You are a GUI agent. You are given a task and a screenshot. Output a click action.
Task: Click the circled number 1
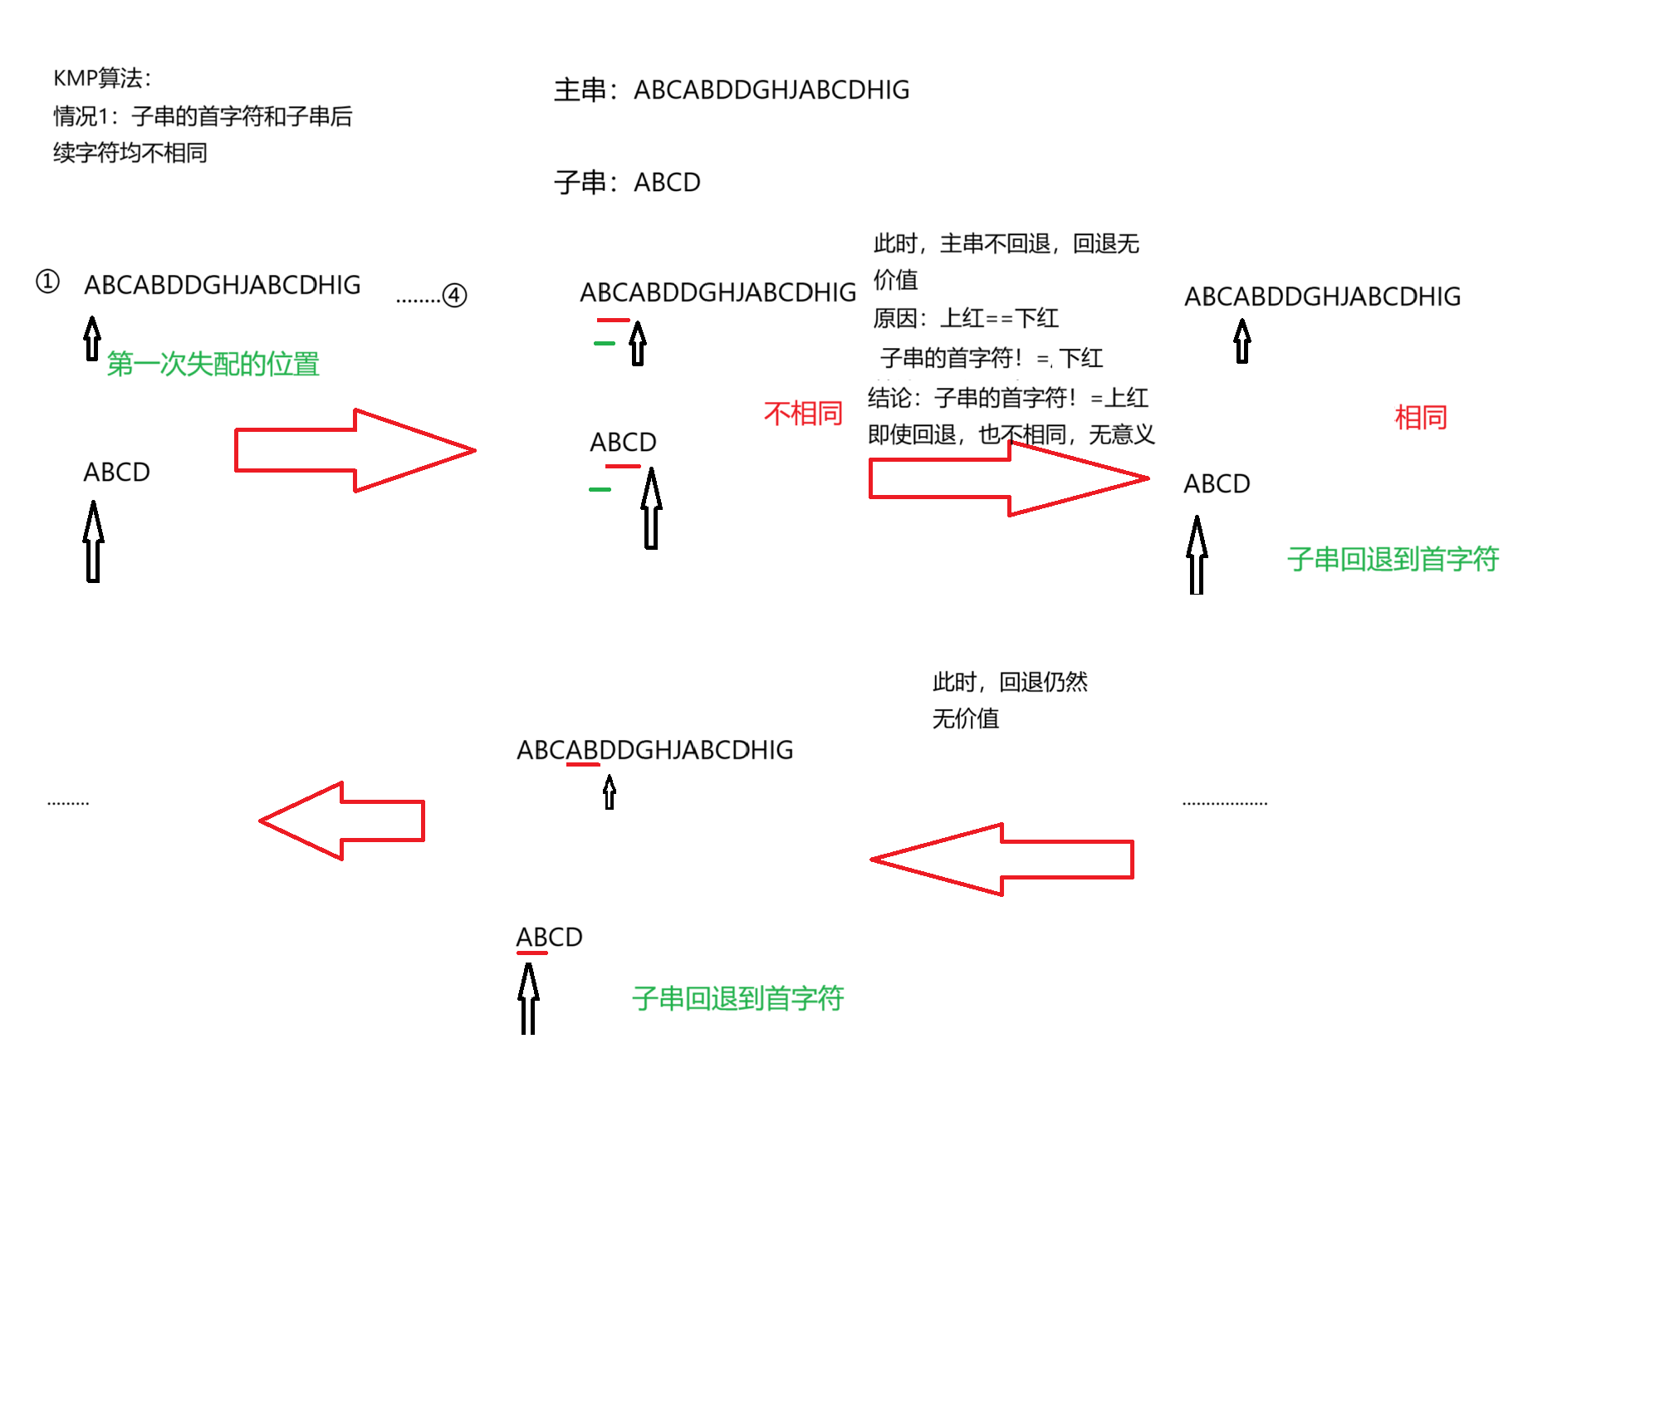tap(48, 282)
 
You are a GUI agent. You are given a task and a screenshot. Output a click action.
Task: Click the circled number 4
tap(454, 295)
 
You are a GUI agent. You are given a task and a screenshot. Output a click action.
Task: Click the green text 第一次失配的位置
tap(213, 364)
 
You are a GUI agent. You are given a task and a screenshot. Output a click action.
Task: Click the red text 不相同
tap(803, 414)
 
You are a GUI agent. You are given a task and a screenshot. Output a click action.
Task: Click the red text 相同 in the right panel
tap(1421, 417)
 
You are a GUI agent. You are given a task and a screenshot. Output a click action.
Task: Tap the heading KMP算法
tap(102, 78)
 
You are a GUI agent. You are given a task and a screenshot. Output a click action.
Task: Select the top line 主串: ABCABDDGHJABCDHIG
tap(732, 90)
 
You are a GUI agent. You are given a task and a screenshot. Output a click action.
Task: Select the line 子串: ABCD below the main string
tap(627, 182)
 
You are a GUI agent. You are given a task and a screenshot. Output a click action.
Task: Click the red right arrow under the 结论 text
tap(1008, 479)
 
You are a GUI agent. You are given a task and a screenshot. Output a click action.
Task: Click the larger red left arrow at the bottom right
tap(1001, 860)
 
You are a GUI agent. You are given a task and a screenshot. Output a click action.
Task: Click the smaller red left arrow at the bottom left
tap(342, 821)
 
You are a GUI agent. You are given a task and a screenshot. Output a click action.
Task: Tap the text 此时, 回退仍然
tap(1010, 682)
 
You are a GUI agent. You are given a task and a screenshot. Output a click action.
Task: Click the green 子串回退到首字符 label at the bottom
tap(737, 998)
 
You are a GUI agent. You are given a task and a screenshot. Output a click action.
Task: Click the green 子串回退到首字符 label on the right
tap(1393, 559)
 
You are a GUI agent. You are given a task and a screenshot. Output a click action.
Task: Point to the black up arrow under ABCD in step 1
tap(94, 541)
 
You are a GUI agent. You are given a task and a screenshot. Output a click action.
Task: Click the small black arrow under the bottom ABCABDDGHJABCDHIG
tap(610, 792)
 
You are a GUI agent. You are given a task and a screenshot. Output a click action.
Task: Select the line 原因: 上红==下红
tap(966, 318)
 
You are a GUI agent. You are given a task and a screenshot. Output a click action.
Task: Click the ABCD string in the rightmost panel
tap(1217, 483)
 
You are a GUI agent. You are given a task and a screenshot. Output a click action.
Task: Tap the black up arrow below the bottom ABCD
tap(528, 998)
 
